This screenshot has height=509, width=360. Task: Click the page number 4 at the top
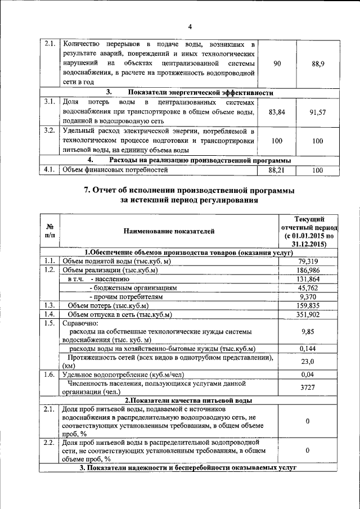tap(190, 27)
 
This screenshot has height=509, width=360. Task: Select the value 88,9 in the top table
tap(318, 64)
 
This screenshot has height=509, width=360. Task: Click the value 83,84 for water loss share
tap(277, 112)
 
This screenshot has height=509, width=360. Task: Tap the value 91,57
tap(318, 112)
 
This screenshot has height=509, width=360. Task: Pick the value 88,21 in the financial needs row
tap(277, 169)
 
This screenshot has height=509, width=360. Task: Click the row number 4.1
tap(49, 169)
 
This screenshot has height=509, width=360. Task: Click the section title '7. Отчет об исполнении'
tap(189, 191)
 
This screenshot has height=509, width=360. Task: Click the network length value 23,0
tap(307, 362)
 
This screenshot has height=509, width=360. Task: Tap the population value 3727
tap(307, 388)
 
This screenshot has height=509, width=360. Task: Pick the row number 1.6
tap(49, 374)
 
